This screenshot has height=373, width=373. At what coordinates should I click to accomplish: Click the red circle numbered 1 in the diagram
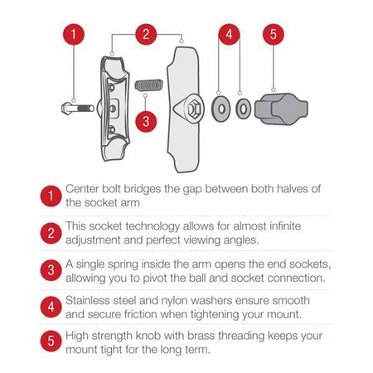(x=75, y=36)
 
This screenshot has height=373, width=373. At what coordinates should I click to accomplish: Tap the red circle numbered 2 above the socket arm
(x=146, y=35)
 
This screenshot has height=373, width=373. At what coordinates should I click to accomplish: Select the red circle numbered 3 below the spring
(x=146, y=121)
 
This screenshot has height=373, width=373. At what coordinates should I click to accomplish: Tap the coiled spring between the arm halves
(x=147, y=86)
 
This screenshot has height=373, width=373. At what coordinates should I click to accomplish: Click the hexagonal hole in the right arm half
(x=190, y=108)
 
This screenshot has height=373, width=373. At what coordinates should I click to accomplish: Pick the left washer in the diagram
(x=220, y=109)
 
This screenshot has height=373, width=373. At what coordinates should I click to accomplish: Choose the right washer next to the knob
(x=243, y=109)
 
